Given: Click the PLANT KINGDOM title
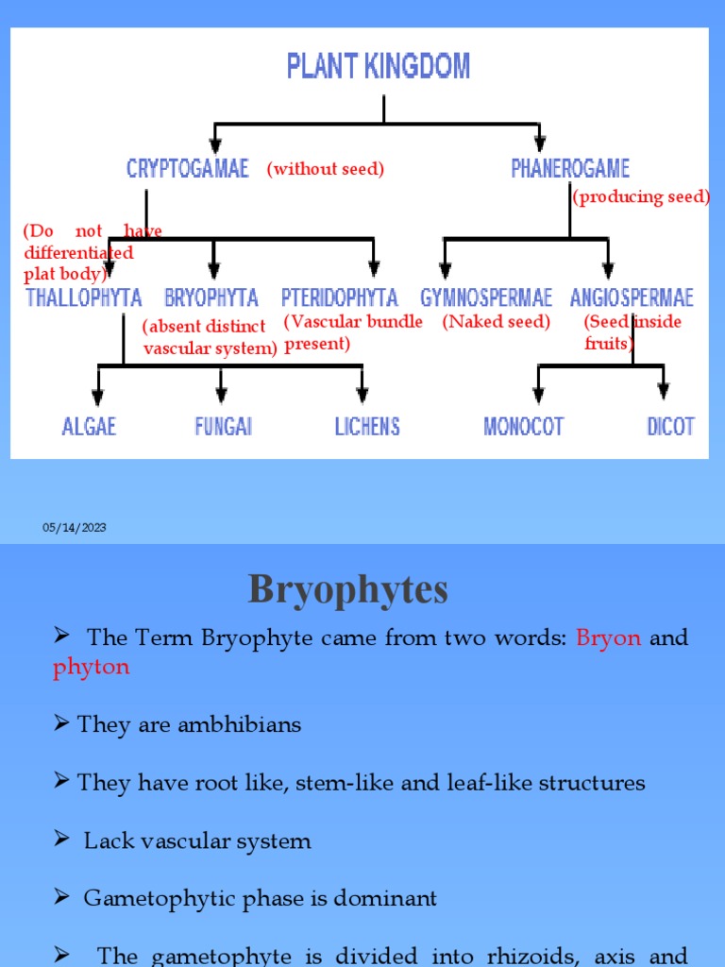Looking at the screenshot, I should (379, 67).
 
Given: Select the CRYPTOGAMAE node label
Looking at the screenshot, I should (188, 168).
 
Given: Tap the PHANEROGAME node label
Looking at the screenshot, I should (570, 168).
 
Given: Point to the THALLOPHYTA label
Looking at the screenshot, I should (84, 298).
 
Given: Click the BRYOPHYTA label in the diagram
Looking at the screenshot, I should (211, 298).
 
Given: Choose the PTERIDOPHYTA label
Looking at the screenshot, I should (340, 298).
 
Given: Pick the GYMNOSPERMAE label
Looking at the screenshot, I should (486, 298).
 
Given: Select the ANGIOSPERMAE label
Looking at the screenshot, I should (632, 298).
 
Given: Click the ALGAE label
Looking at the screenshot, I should (89, 426).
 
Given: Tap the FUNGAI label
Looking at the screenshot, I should (224, 426).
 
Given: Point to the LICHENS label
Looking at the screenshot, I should (367, 426).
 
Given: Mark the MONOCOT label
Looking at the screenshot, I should (523, 426).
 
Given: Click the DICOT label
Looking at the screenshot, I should (670, 426).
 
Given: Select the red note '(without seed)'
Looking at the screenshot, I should (325, 169).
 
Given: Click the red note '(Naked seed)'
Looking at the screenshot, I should (496, 322).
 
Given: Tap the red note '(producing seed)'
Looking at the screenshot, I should (641, 196).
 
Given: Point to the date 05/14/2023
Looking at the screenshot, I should (74, 528).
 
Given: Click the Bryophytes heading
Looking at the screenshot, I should (348, 591).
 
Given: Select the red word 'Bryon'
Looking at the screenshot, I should (608, 637).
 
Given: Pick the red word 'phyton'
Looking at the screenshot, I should (91, 667).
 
